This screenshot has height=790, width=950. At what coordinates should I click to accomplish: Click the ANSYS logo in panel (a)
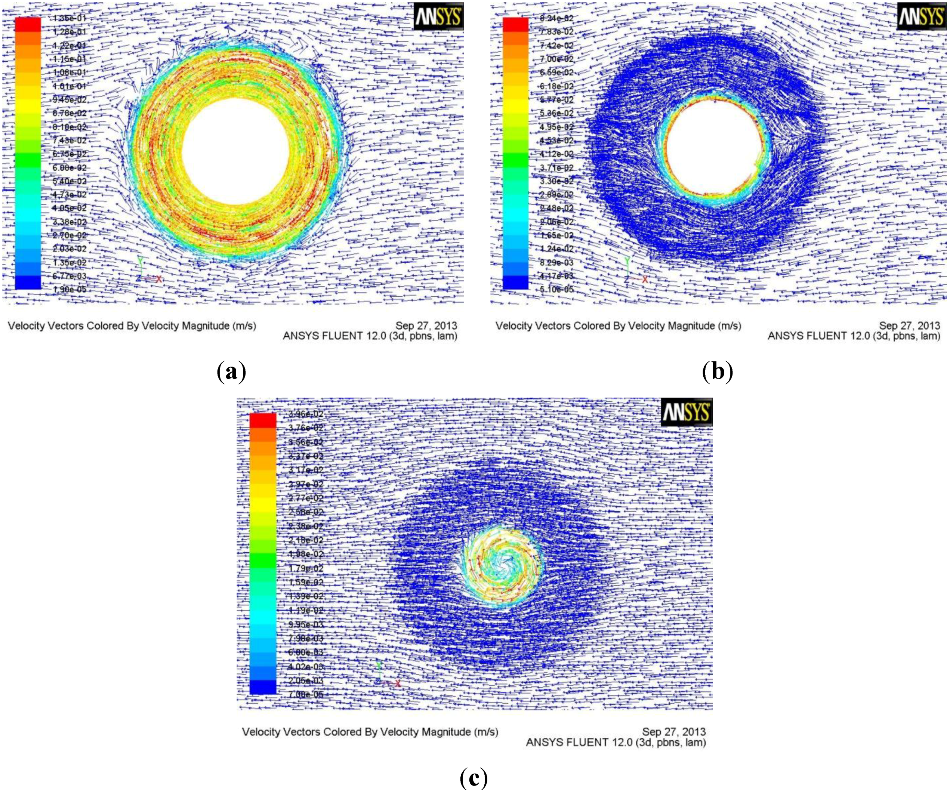tap(438, 18)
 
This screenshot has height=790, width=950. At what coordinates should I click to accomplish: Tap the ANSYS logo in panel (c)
tap(686, 412)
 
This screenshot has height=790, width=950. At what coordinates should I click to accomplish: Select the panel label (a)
tap(232, 371)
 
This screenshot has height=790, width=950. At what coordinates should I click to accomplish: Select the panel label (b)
tap(718, 371)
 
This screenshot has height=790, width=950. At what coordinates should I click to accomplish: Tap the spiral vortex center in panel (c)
tap(501, 565)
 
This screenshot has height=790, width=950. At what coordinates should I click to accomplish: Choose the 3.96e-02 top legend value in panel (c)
tap(306, 414)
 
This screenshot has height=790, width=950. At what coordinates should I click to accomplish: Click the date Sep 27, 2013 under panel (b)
tap(909, 325)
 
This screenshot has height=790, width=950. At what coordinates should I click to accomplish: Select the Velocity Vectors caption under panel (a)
tap(132, 326)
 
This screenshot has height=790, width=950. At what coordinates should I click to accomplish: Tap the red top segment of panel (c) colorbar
tap(263, 420)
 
